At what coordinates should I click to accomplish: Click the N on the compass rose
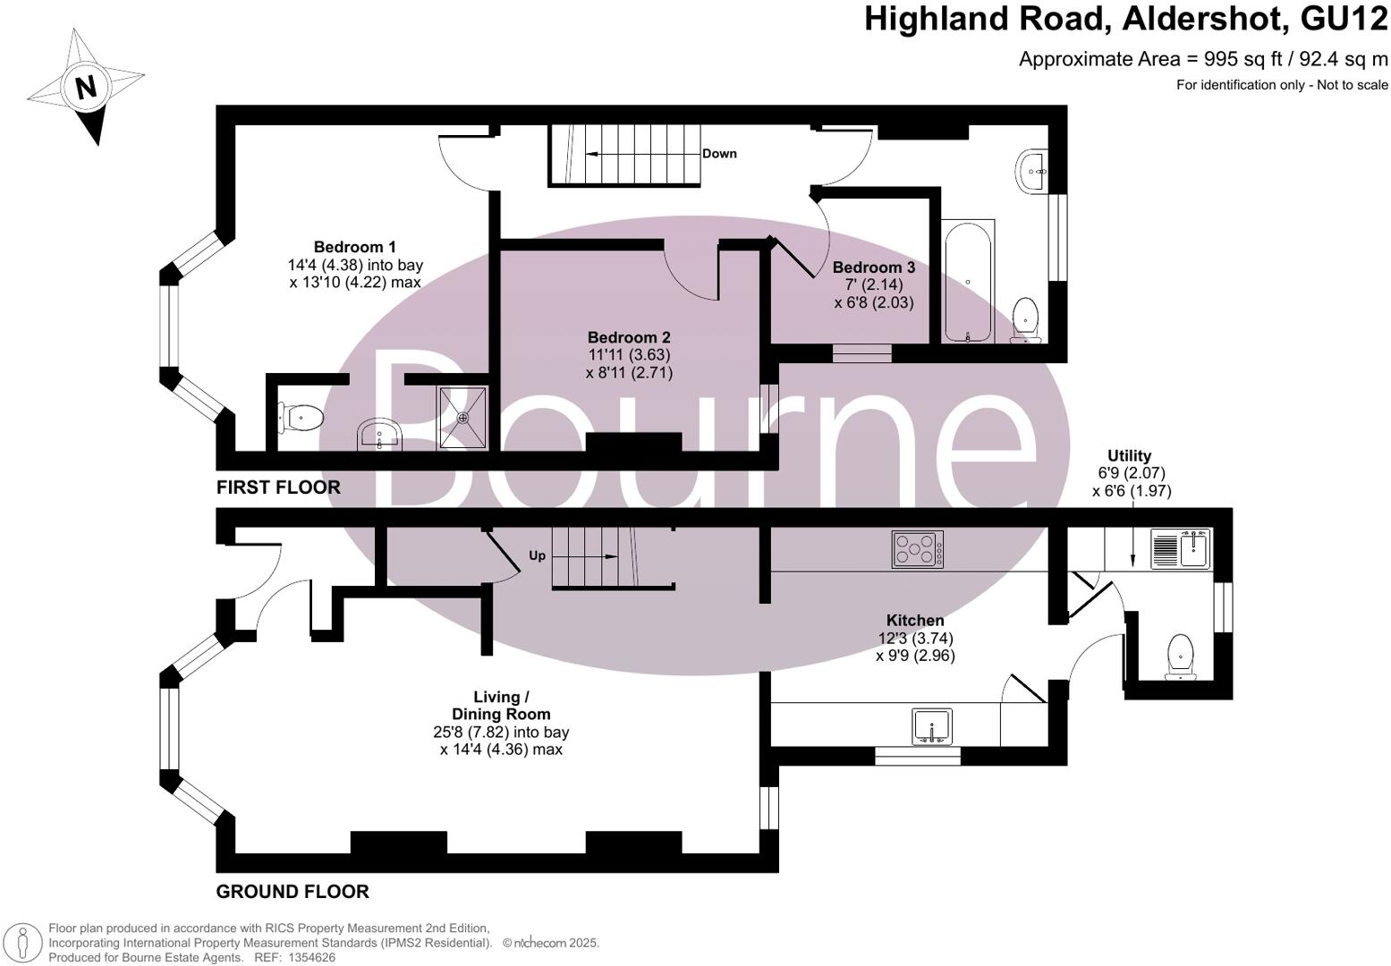tap(86, 88)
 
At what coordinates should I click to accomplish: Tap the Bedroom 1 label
tap(354, 247)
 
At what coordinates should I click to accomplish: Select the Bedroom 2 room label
tap(629, 337)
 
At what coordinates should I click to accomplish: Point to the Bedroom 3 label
tap(873, 267)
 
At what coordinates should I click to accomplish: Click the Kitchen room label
tap(914, 620)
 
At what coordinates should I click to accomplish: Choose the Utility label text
tap(1129, 455)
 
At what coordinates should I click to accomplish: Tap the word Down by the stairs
tap(719, 154)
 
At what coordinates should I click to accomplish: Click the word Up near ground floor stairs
tap(537, 555)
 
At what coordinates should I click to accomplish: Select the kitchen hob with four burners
tap(918, 549)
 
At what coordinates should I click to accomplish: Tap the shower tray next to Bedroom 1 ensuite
tap(463, 417)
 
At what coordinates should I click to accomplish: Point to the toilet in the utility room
tap(1181, 657)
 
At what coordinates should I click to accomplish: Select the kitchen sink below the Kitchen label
tap(932, 725)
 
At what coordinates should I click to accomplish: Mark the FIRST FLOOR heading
tap(278, 487)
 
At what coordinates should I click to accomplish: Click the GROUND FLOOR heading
tap(293, 892)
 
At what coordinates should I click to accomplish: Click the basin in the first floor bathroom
tap(1031, 170)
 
